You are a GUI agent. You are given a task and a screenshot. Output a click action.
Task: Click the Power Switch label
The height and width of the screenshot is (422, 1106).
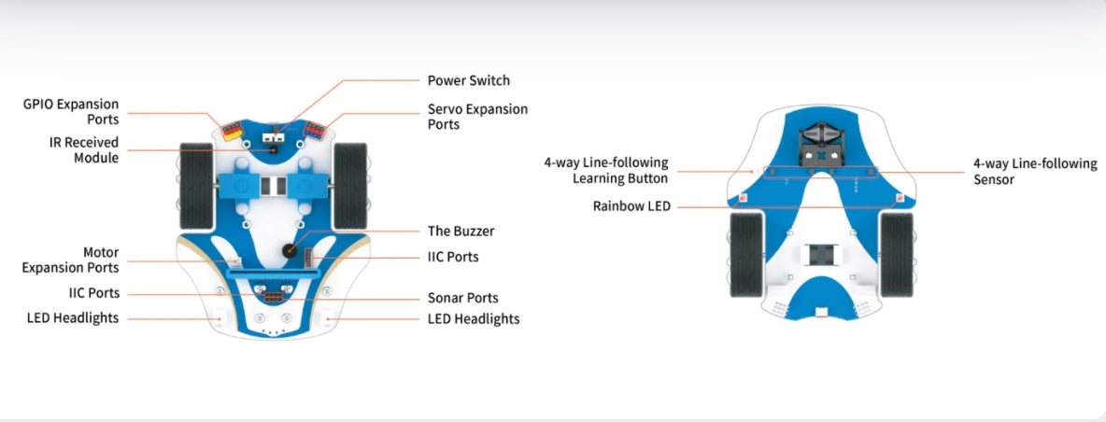[x=468, y=81]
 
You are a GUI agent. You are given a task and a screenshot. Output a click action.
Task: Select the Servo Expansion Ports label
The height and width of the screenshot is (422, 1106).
[x=477, y=117]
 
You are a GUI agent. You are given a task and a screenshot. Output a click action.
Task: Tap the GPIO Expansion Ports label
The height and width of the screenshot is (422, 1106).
[x=71, y=112]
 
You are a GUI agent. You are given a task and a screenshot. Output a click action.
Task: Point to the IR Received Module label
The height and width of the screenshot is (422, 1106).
[x=84, y=150]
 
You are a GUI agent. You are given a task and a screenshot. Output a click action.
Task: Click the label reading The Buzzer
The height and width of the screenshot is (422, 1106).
[x=461, y=232]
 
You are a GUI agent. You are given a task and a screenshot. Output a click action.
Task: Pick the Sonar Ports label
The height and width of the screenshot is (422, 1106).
[x=462, y=299]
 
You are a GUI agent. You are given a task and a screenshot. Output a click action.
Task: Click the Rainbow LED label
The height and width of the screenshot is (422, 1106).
[x=631, y=206]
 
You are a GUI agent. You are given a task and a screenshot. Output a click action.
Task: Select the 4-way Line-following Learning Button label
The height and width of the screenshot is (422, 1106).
[x=606, y=170]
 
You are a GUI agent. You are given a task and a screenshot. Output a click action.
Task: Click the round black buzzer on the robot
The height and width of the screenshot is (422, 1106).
[x=290, y=251]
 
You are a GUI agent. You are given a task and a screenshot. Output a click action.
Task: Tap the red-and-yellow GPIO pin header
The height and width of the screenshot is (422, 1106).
[x=229, y=130]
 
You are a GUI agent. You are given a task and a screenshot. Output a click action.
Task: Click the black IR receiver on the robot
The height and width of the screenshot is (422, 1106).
[x=274, y=148]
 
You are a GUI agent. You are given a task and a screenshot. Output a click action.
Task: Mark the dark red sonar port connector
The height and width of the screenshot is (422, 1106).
[x=271, y=298]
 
